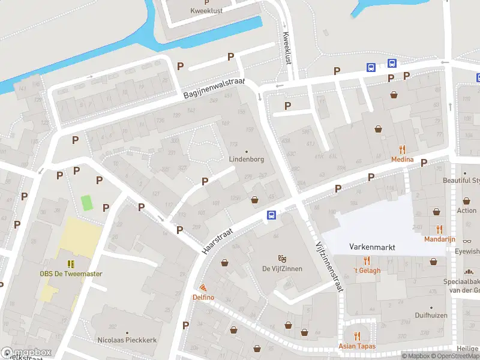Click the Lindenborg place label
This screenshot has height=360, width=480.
(x=246, y=160)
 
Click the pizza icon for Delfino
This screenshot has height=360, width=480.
(x=203, y=288)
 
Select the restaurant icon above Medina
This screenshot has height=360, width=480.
(x=402, y=149)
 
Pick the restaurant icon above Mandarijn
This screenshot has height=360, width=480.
(x=440, y=229)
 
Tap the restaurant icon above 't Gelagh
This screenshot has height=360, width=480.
(x=367, y=260)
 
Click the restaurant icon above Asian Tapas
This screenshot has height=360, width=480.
(x=357, y=336)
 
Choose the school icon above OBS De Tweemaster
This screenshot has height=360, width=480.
(x=71, y=264)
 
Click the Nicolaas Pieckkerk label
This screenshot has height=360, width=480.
(x=127, y=340)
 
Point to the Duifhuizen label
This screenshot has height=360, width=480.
(x=432, y=314)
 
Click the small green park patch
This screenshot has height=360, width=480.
(x=88, y=203)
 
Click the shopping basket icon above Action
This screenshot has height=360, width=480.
(x=466, y=201)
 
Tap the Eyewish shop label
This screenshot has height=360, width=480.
(x=468, y=251)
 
